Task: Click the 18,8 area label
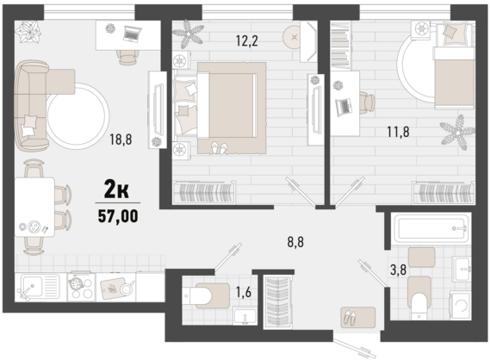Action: [x=121, y=139]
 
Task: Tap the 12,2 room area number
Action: [x=246, y=40]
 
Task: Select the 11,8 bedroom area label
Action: [x=398, y=132]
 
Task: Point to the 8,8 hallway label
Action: [x=295, y=242]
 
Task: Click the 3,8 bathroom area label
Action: [x=398, y=270]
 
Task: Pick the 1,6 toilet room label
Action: [x=243, y=293]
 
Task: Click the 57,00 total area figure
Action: [x=118, y=216]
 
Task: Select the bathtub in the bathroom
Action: [x=432, y=228]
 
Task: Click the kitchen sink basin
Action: [x=32, y=285]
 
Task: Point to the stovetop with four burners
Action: [x=81, y=287]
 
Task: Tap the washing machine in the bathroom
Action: [x=460, y=306]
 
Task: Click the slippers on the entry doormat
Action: [x=350, y=317]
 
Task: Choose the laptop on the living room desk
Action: [x=133, y=34]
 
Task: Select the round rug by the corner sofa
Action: [x=78, y=115]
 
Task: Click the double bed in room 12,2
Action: [x=226, y=105]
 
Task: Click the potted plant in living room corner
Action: [x=28, y=31]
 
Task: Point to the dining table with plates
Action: [x=34, y=207]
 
